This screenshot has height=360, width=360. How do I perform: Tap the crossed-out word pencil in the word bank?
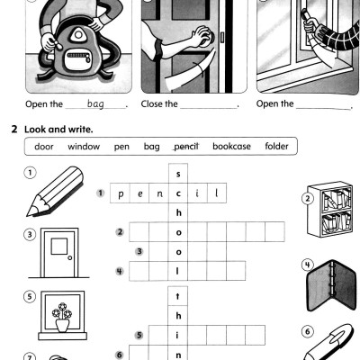pos(184,146)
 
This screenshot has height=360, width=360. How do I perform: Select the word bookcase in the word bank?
pos(232,146)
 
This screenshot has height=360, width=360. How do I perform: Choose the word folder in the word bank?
pos(275,146)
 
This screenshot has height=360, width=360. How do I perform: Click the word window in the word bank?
pos(84,146)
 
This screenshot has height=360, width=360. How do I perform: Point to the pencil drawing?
pos(42,193)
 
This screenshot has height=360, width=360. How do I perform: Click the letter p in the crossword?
pos(119,193)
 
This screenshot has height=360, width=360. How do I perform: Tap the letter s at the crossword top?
pos(178,174)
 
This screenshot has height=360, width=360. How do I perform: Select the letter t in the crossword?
pos(178,295)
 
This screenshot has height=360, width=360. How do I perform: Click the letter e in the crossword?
pos(139,193)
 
